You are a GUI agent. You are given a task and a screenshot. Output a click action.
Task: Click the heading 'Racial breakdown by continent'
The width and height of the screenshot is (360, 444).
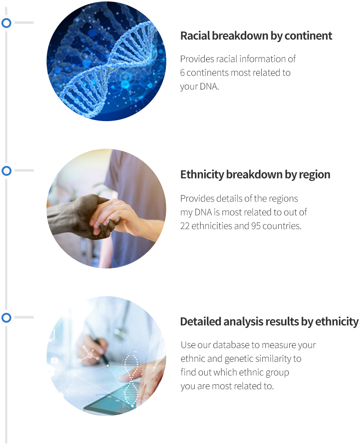click(x=256, y=36)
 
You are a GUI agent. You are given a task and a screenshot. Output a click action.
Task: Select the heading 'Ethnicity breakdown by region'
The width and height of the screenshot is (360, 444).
click(x=255, y=174)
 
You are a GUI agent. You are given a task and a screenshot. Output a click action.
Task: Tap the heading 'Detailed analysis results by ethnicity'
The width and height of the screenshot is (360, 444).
click(x=270, y=322)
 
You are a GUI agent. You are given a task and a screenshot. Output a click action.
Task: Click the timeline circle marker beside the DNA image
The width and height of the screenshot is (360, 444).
click(x=6, y=23)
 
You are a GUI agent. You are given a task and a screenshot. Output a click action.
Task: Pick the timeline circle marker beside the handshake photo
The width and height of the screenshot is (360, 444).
click(x=6, y=171)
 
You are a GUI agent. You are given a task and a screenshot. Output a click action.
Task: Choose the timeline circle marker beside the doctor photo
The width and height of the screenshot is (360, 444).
click(x=6, y=317)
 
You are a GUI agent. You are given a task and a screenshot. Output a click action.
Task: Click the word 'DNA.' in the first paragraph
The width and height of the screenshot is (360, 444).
click(x=209, y=86)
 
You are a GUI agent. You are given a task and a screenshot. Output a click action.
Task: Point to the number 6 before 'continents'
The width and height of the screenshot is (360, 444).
click(x=183, y=73)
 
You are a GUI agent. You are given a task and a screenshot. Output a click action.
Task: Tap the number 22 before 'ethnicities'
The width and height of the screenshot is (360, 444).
click(x=185, y=226)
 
